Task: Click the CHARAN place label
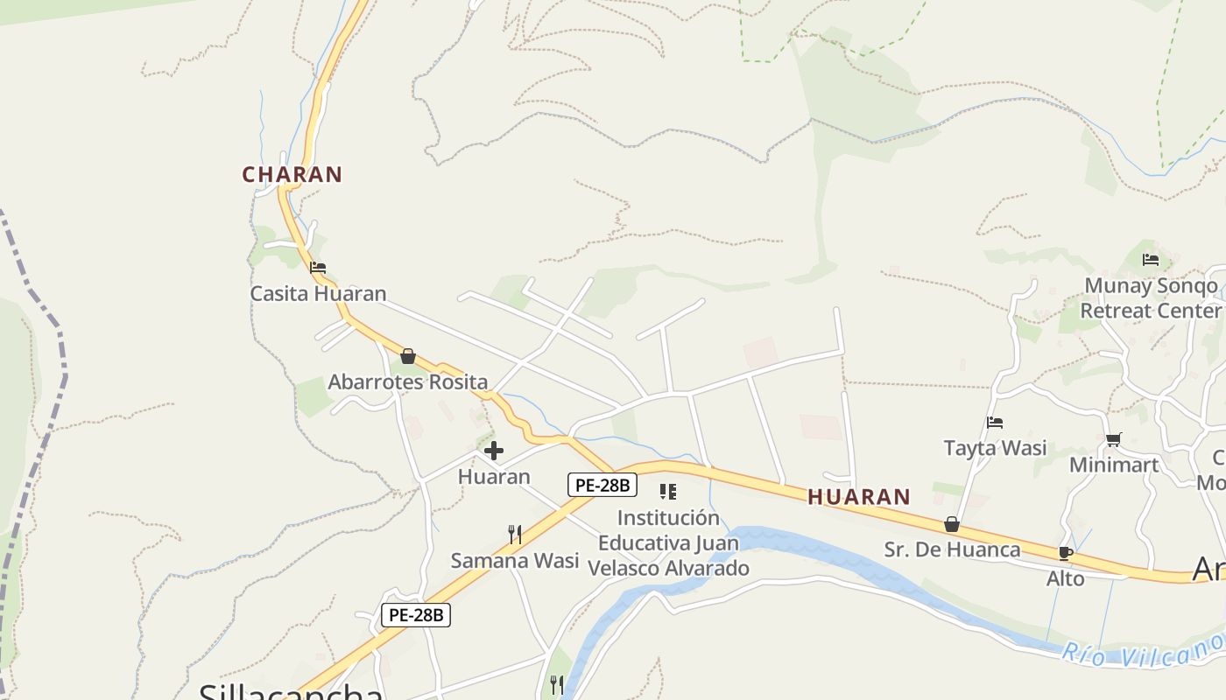pos(292,174)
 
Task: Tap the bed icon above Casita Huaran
pos(318,267)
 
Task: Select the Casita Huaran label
pos(318,293)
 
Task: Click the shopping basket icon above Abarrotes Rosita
pos(408,356)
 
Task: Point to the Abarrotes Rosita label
pos(407,381)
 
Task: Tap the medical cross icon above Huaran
pos(494,451)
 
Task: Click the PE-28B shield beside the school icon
pos(602,485)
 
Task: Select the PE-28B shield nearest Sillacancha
pos(416,615)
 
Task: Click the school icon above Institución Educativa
pos(668,492)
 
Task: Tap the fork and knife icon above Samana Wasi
pos(515,534)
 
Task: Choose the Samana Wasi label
pos(515,560)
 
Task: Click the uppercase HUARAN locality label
pos(858,497)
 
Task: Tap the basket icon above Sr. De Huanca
pos(952,524)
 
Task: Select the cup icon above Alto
pos(1066,553)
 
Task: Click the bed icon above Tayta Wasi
pos(995,423)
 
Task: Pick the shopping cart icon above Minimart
pos(1113,439)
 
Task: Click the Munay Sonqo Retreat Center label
pos(1151,297)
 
